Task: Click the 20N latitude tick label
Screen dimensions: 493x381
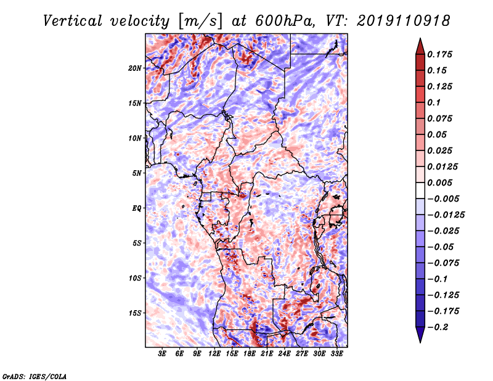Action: coord(135,68)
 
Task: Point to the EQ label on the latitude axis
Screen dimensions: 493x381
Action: coord(137,208)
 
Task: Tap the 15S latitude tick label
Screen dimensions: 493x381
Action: coord(135,313)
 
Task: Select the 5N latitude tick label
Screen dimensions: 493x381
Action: coord(137,173)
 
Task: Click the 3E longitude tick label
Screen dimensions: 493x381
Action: coord(162,354)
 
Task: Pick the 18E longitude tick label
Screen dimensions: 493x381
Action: coord(250,354)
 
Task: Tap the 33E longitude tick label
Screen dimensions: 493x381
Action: coord(336,354)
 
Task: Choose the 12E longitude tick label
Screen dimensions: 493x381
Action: coord(214,354)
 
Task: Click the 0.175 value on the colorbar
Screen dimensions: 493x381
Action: coord(439,54)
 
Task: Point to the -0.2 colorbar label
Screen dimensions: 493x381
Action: coord(438,327)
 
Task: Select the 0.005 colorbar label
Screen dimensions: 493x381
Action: coord(439,182)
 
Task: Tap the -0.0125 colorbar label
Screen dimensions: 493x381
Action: coord(446,215)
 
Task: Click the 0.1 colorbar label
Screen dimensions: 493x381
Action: coord(434,102)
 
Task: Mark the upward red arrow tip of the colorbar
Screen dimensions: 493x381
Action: coord(420,38)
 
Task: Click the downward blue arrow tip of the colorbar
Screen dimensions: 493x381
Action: coord(420,342)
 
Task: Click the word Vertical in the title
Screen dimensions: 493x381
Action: coord(72,21)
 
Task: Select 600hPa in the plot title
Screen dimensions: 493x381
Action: coord(285,21)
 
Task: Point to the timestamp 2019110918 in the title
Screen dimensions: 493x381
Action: coord(404,21)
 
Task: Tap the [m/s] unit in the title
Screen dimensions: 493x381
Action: coord(200,22)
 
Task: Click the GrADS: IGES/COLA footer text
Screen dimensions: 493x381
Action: coord(35,376)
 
